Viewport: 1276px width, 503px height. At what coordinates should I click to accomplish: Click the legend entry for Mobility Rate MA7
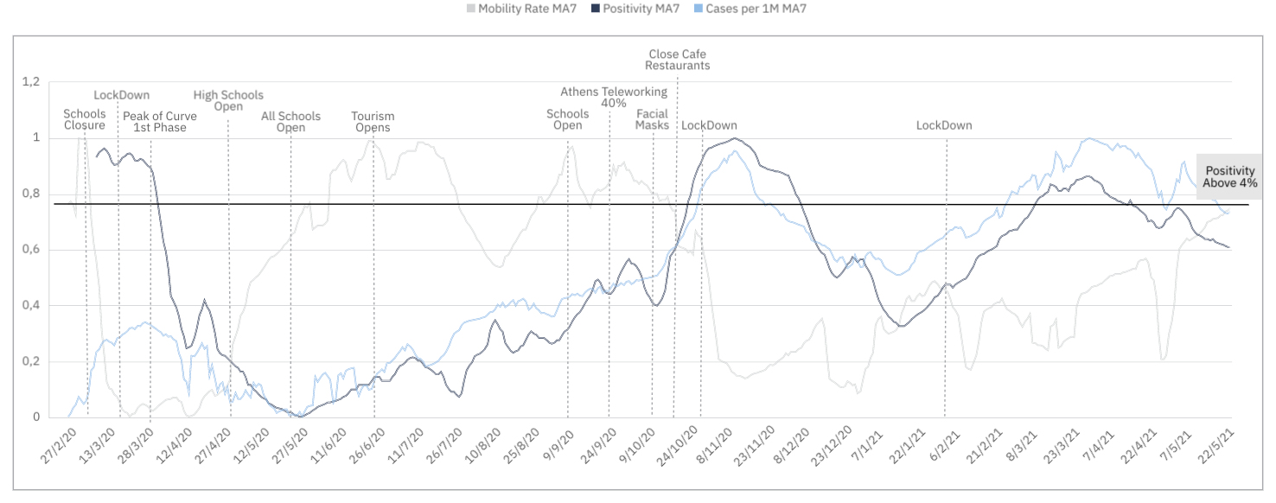pyautogui.click(x=514, y=9)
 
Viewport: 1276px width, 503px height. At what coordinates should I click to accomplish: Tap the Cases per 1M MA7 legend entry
pyautogui.click(x=755, y=9)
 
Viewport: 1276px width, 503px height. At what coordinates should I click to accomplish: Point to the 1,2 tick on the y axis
pyautogui.click(x=31, y=81)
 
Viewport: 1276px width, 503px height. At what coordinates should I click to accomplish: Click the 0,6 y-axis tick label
pyautogui.click(x=31, y=250)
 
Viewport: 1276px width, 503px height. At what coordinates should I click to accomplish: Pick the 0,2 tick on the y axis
pyautogui.click(x=31, y=361)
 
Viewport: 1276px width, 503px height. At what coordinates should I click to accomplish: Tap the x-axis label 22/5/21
pyautogui.click(x=1213, y=443)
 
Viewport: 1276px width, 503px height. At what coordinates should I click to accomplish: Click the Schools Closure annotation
pyautogui.click(x=85, y=119)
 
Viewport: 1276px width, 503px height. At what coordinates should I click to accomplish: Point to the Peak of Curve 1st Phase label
pyautogui.click(x=160, y=122)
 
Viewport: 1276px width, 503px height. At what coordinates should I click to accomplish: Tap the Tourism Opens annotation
pyautogui.click(x=373, y=122)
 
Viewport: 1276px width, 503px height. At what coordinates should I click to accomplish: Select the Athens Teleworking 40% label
pyautogui.click(x=614, y=97)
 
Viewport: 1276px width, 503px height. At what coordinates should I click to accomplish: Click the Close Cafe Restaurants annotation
pyautogui.click(x=678, y=60)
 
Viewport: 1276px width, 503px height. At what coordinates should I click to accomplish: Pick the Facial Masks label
pyautogui.click(x=653, y=119)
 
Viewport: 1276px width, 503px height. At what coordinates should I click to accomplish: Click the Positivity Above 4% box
pyautogui.click(x=1229, y=177)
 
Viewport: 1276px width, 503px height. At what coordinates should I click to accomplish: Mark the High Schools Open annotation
pyautogui.click(x=228, y=101)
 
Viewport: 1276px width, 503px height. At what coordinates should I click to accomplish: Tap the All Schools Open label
pyautogui.click(x=290, y=122)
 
